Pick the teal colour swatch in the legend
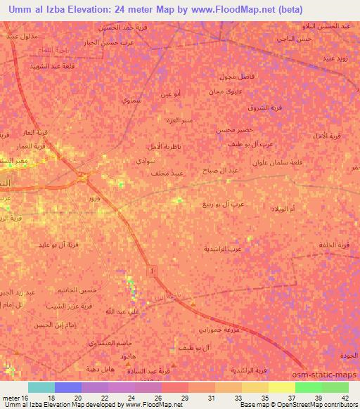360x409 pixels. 41,387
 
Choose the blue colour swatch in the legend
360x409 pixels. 68,387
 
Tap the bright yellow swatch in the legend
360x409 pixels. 281,387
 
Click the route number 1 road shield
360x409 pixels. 152,269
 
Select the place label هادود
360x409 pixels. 128,357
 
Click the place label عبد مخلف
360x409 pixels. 169,172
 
